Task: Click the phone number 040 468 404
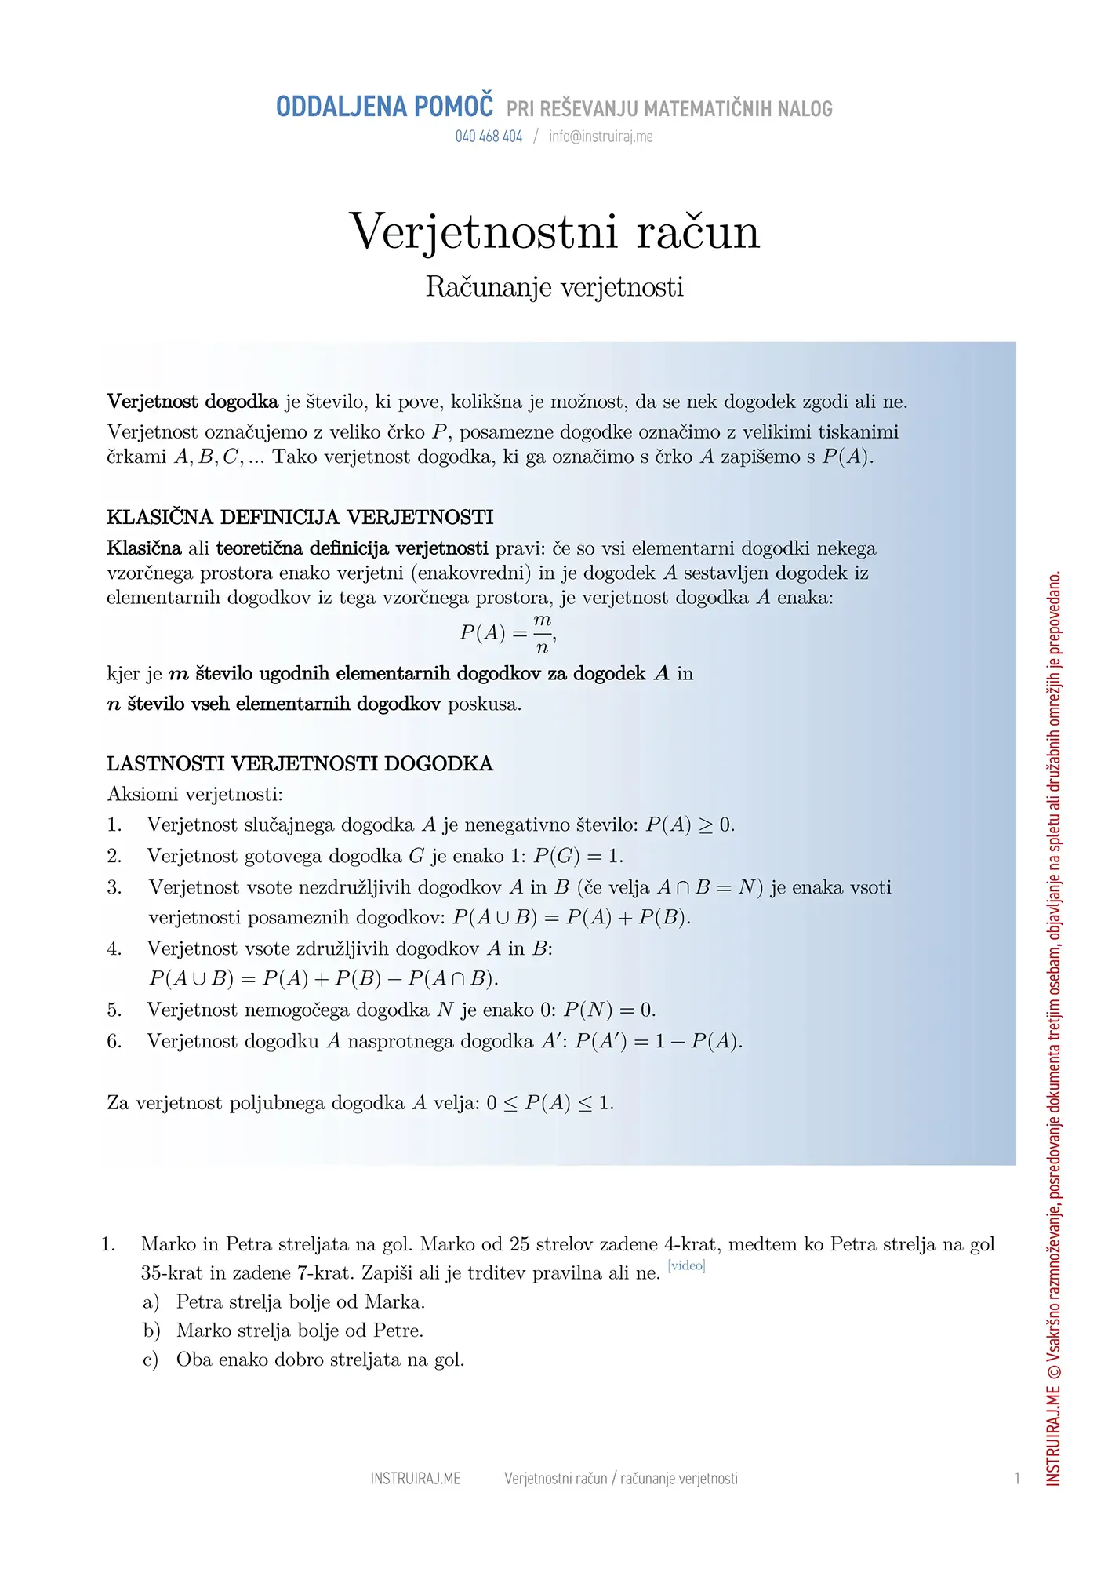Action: click(489, 137)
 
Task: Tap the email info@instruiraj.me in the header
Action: click(601, 137)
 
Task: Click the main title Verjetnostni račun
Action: click(554, 231)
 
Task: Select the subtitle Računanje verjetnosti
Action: click(554, 287)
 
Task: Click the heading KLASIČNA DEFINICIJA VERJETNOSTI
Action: click(300, 517)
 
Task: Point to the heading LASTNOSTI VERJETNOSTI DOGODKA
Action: click(300, 763)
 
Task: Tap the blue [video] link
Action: click(686, 1265)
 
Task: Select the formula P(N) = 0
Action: click(609, 1010)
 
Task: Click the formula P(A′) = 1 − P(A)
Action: click(658, 1041)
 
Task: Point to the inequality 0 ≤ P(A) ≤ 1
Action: click(550, 1103)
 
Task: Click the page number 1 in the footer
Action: click(1017, 1479)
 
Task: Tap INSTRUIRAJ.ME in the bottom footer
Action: click(416, 1479)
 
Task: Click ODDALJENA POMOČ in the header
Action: click(385, 107)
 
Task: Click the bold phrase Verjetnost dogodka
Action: click(192, 402)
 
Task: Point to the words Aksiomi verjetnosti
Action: click(194, 794)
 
